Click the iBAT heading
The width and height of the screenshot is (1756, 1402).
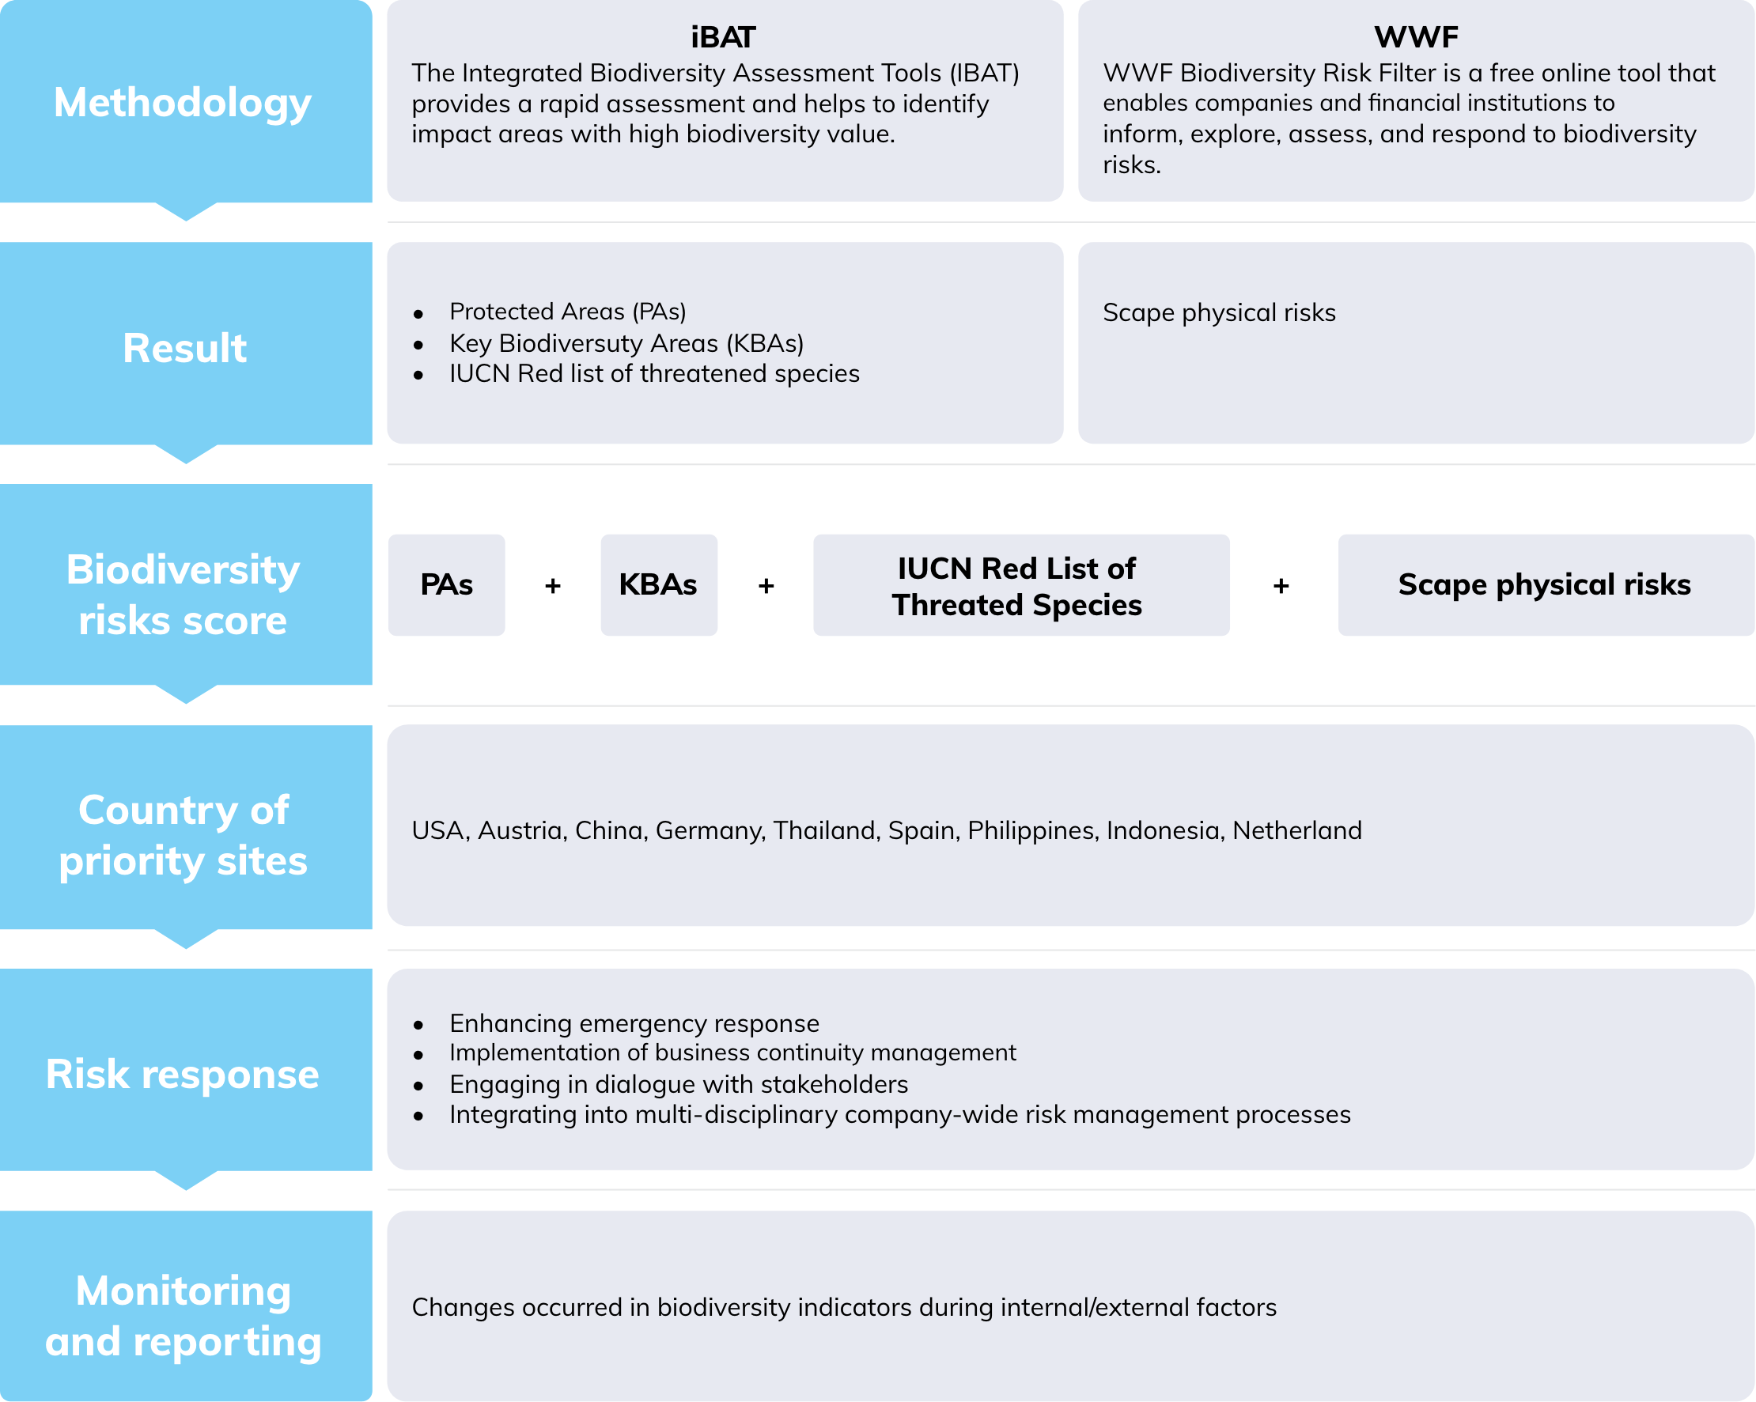coord(723,36)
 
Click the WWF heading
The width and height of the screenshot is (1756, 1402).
coord(1416,36)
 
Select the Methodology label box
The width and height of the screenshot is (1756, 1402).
coord(186,102)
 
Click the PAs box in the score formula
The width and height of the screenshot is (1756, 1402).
coord(446,584)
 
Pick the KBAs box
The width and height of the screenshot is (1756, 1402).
coord(659,584)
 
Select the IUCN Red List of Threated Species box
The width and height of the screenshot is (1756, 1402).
coord(1021,584)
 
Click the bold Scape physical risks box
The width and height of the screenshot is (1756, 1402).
coord(1546,584)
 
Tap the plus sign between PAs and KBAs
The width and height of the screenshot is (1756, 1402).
coord(553,585)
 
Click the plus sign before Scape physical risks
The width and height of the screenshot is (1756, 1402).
coord(1281,585)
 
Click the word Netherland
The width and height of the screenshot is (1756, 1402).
coord(1296,829)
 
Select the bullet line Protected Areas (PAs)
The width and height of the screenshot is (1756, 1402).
coord(568,311)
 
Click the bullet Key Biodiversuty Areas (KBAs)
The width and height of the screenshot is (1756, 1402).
coord(626,342)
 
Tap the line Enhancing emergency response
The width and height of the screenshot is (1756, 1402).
coord(634,1022)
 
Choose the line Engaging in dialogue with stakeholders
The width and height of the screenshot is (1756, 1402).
coord(679,1083)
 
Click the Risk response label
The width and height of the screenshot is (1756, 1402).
coord(183,1074)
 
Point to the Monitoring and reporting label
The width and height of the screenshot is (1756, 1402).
coord(184,1316)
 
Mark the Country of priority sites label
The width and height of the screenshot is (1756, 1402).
coord(184,835)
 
